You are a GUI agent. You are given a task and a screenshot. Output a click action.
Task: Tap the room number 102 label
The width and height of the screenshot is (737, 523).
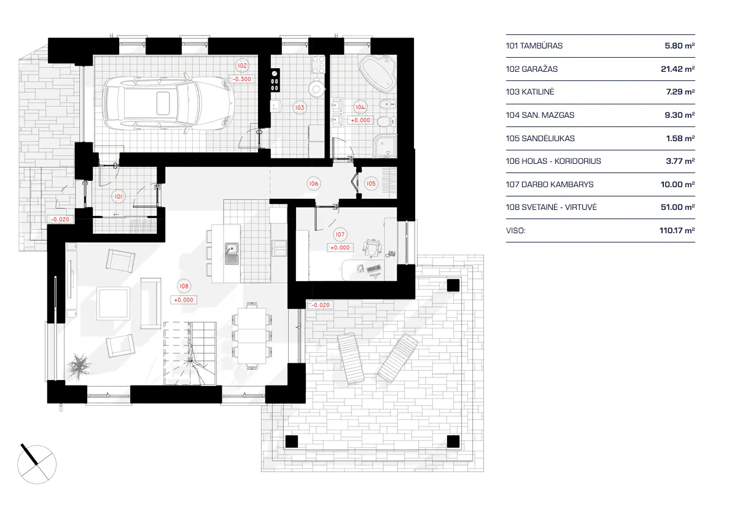[x=243, y=66]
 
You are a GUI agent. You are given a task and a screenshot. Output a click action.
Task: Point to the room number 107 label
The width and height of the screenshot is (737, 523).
[x=340, y=234]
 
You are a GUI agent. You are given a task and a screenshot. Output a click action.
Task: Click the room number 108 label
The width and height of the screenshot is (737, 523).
[x=183, y=285]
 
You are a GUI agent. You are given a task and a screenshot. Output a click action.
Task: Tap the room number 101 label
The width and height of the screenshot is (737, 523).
[x=118, y=196]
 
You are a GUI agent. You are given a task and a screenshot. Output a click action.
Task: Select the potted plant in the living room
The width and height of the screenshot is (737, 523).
[x=79, y=366]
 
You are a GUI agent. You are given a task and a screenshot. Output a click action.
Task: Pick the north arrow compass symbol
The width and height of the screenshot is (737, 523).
[x=36, y=460]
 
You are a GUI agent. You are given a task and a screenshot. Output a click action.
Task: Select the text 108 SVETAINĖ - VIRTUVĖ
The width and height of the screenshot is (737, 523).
[x=551, y=207]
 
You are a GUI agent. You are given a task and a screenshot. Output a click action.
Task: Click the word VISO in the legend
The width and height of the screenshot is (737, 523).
[x=516, y=231]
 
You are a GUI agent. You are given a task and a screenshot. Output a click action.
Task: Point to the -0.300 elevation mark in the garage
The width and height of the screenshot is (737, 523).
[x=242, y=79]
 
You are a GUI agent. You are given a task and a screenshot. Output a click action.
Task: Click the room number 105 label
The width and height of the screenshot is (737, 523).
[x=371, y=183]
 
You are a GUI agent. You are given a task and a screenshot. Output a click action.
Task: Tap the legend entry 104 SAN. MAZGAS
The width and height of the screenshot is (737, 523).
[x=540, y=115]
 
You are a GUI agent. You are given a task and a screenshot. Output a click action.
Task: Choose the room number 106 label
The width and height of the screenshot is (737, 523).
[x=313, y=183]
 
